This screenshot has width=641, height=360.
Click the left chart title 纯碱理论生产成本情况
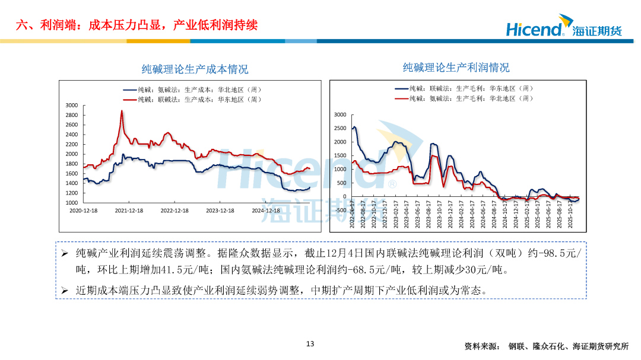coord(195,69)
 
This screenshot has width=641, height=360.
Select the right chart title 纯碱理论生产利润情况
coord(456,68)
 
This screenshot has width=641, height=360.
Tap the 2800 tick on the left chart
coord(71,115)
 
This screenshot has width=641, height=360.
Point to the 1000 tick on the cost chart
coord(71,203)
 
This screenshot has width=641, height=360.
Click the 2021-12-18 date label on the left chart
coord(129,211)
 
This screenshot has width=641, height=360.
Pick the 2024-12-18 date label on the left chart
coord(265,211)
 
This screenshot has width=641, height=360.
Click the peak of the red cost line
coord(122,111)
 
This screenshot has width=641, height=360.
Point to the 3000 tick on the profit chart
coord(340,114)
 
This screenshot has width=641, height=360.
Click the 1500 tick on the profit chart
coord(340,155)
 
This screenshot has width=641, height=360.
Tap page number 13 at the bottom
coord(310,344)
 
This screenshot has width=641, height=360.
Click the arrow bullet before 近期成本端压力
coord(65,291)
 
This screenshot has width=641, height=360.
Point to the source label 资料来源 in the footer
coord(481,346)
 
